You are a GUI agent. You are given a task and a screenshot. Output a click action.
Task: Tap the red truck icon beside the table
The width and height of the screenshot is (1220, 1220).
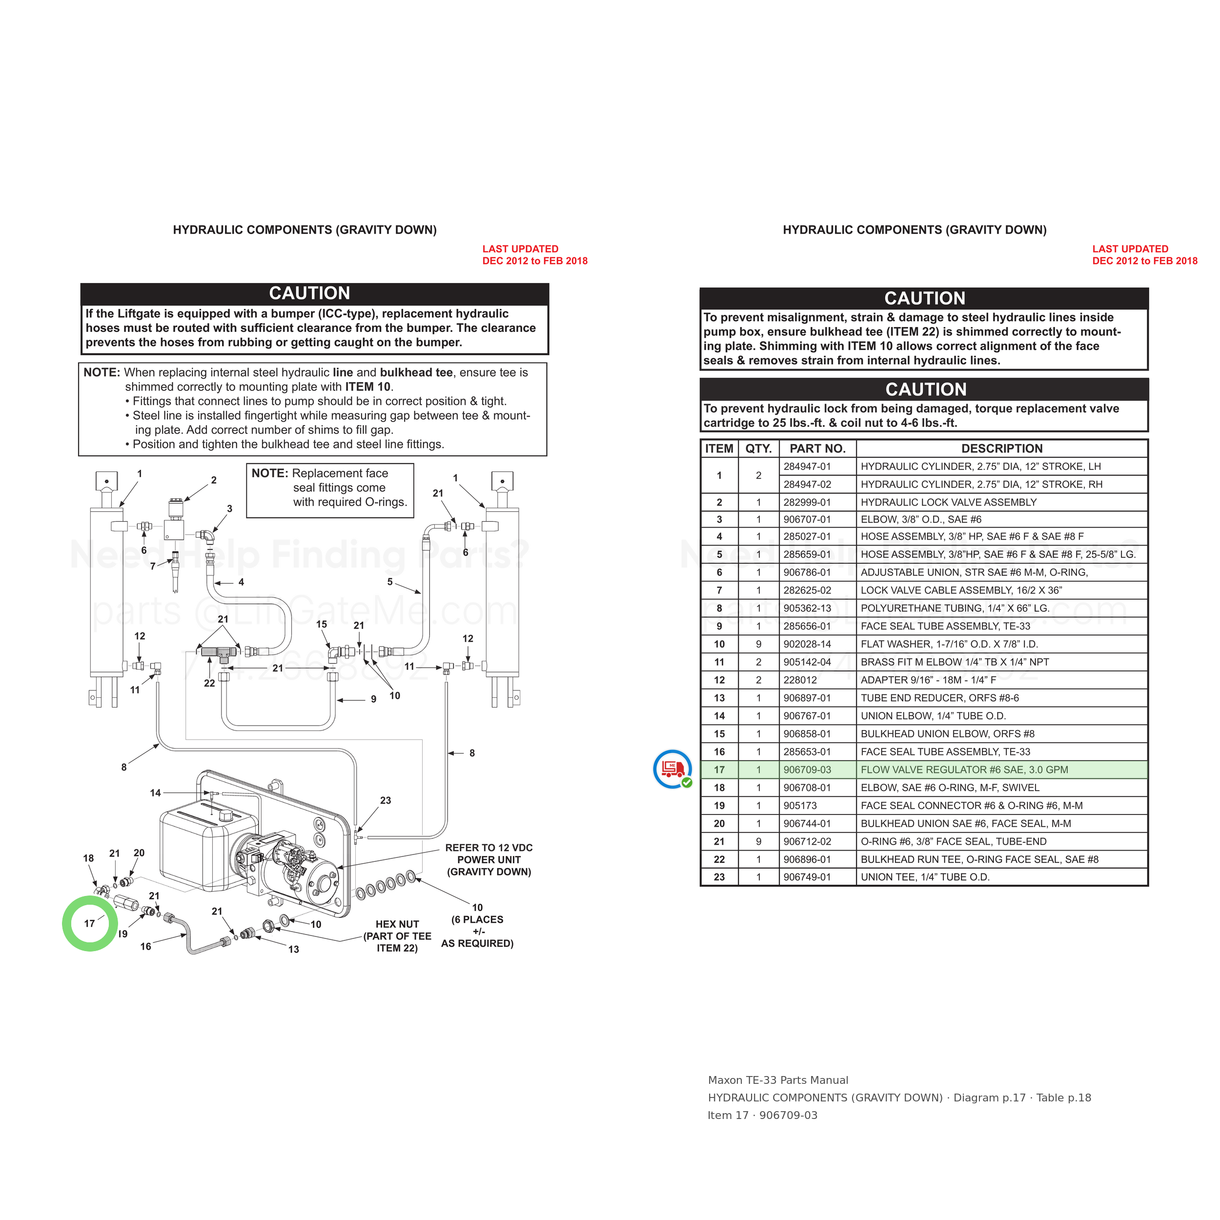(672, 769)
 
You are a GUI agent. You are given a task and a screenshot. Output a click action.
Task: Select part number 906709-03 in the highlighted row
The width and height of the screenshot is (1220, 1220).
(807, 770)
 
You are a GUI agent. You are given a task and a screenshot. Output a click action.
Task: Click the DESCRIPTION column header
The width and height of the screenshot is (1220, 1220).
(1001, 448)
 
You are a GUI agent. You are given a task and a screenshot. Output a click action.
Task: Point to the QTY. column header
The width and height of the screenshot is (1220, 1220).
(758, 448)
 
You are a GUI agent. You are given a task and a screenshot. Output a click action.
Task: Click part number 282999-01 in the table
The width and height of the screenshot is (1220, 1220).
(807, 502)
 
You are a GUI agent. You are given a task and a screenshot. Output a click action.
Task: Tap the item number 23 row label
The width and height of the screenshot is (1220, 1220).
(719, 877)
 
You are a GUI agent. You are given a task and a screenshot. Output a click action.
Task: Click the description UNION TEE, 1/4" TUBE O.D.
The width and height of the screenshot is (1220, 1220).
(925, 877)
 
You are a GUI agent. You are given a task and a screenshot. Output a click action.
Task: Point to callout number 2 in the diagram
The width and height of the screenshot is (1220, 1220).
(214, 480)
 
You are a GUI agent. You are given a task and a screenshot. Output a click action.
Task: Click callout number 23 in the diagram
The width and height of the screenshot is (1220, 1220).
(385, 800)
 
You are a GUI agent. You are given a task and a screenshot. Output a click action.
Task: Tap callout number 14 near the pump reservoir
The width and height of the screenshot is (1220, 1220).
(155, 793)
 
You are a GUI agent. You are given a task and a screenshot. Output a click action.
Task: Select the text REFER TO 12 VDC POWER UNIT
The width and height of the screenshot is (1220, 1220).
(489, 854)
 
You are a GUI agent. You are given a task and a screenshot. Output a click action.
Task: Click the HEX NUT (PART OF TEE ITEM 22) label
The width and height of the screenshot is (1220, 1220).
(397, 936)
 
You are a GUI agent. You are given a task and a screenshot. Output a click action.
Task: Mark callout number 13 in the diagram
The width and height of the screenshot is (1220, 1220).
(294, 949)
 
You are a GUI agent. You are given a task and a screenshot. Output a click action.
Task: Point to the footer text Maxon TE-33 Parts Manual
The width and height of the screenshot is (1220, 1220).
(778, 1080)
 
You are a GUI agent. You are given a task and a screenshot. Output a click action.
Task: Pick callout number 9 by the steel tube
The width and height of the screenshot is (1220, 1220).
(374, 699)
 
